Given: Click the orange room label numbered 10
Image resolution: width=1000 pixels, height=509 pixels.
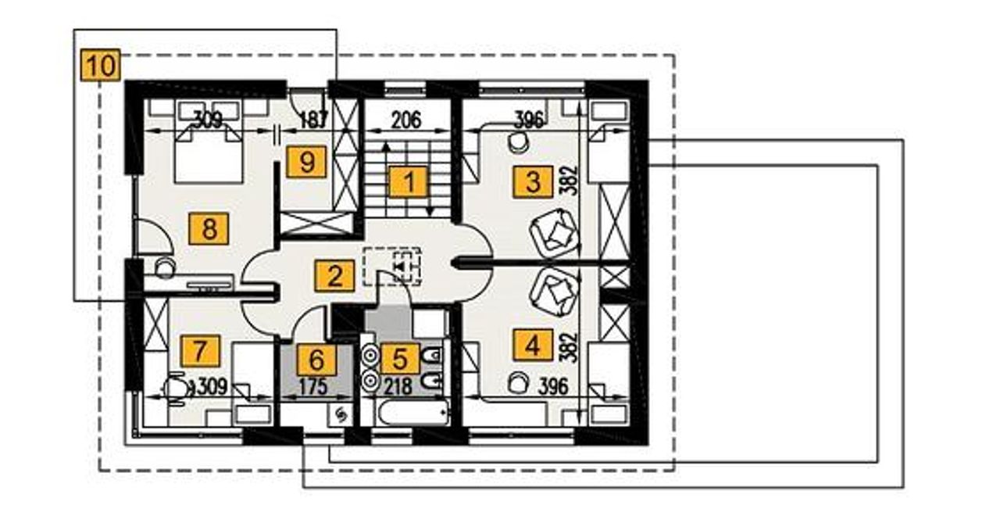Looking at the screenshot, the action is pos(101,66).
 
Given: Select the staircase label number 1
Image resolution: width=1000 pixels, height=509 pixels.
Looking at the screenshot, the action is pos(408,181).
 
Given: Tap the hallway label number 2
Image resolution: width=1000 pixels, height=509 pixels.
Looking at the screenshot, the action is pos(334,276).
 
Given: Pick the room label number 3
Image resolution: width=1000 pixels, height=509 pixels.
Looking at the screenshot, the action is pos(533,181).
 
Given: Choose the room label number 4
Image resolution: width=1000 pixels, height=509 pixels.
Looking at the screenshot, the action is pos(533,345).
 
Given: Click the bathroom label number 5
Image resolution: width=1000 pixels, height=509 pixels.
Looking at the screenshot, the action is pos(399,359).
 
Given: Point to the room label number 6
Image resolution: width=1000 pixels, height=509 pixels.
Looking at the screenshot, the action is pos(316,360).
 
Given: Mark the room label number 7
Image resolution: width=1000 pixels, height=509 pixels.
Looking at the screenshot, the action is pos(200,350).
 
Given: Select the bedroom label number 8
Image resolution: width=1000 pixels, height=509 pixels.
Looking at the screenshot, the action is pos(209,229).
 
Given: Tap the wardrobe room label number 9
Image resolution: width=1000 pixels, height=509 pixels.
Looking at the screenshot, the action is pos(306,161).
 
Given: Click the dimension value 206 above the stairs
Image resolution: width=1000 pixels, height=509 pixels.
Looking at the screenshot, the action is pos(406,120).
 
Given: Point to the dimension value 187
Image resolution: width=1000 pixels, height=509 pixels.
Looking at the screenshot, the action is pos(313,120).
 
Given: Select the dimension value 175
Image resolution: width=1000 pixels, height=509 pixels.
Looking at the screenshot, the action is pos(313,386).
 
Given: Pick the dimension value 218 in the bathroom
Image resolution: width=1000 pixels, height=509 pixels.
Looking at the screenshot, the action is pos(398,386).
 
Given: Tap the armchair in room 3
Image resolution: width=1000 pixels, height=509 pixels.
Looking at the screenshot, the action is pos(555,232).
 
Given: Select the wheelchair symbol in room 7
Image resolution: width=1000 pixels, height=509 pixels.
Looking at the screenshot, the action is pos(177,389).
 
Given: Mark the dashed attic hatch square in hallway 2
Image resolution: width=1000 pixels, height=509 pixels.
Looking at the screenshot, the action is pos(392,267).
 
